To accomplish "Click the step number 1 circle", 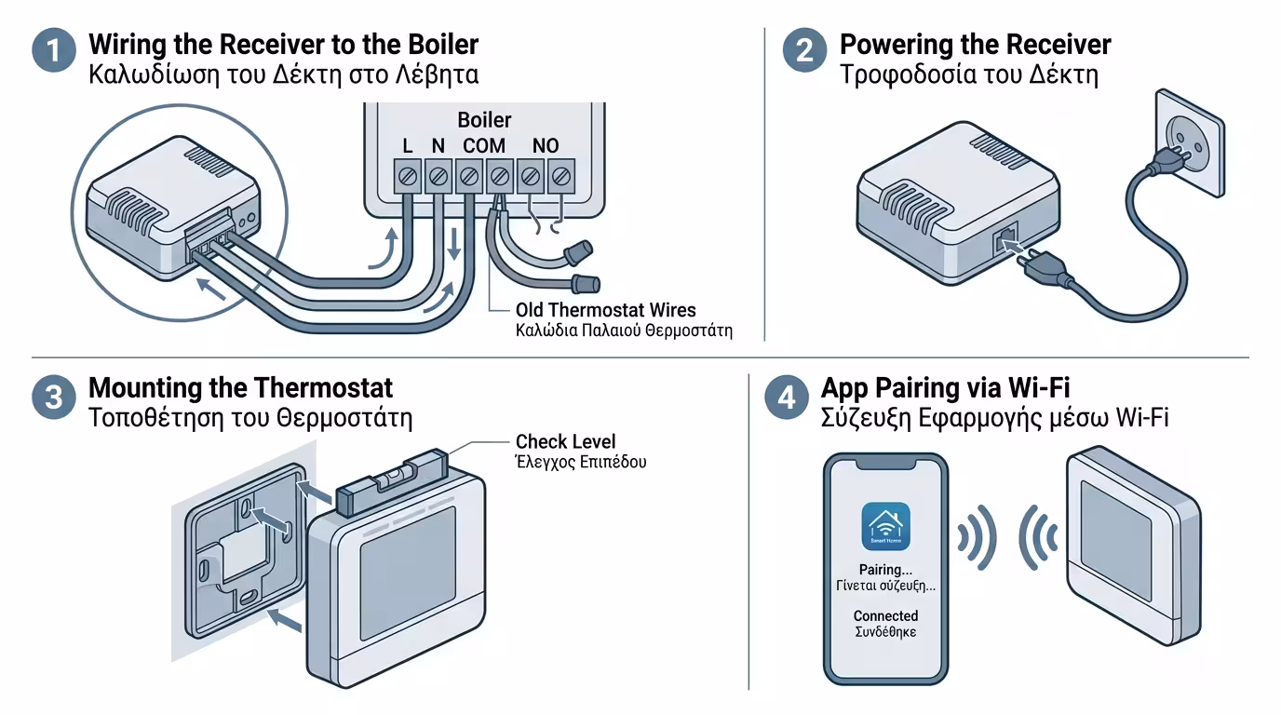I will point(54,49).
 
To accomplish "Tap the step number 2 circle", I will point(804,49).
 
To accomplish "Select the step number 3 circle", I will point(54,398).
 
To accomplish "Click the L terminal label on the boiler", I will point(408,146).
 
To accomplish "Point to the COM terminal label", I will point(484,146).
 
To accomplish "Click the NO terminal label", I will point(546,146).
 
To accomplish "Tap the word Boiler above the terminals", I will point(484,120).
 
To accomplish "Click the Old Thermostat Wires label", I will point(605,310).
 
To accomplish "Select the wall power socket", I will point(1188,143).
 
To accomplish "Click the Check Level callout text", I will point(565,442).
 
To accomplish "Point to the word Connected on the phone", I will point(885,615).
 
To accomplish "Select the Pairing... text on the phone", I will point(885,569).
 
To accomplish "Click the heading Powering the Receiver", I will point(975,45).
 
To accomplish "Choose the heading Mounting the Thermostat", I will point(240,387).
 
